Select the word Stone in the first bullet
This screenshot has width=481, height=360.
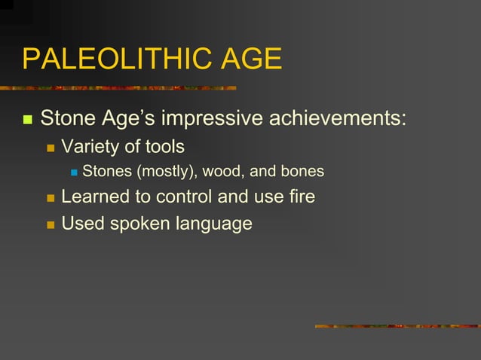click(x=66, y=118)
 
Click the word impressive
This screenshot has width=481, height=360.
click(x=205, y=118)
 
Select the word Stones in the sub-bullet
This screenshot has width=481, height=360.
click(x=107, y=172)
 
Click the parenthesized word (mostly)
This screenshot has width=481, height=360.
click(x=167, y=172)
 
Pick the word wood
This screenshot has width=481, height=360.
click(x=223, y=172)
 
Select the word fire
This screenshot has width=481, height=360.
click(x=299, y=197)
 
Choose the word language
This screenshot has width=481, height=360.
click(x=213, y=224)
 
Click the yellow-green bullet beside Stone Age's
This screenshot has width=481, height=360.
click(x=28, y=120)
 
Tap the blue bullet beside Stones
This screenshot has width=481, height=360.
click(x=73, y=172)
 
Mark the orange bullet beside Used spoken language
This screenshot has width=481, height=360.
click(x=51, y=224)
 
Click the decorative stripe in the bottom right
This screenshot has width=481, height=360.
click(x=397, y=326)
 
